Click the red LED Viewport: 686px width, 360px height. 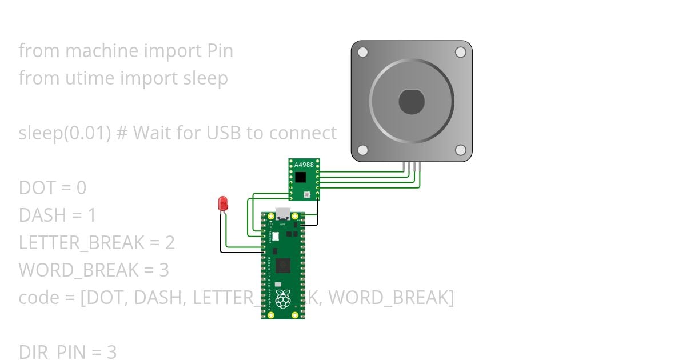[223, 203]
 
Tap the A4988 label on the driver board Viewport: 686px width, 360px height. [304, 165]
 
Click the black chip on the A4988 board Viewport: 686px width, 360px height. [301, 177]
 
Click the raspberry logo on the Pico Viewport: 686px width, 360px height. [282, 299]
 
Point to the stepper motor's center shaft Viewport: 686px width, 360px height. [412, 102]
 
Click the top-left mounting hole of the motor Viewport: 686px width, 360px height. [362, 53]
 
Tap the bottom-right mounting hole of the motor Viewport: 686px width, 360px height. [460, 150]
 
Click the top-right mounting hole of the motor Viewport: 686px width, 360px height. [460, 53]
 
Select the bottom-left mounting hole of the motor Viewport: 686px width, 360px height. [362, 150]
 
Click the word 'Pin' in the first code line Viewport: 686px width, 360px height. [219, 51]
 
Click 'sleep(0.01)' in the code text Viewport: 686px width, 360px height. [65, 133]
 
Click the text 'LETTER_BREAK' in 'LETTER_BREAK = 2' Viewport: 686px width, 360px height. [81, 243]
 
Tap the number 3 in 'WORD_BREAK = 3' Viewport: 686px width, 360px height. [164, 270]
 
